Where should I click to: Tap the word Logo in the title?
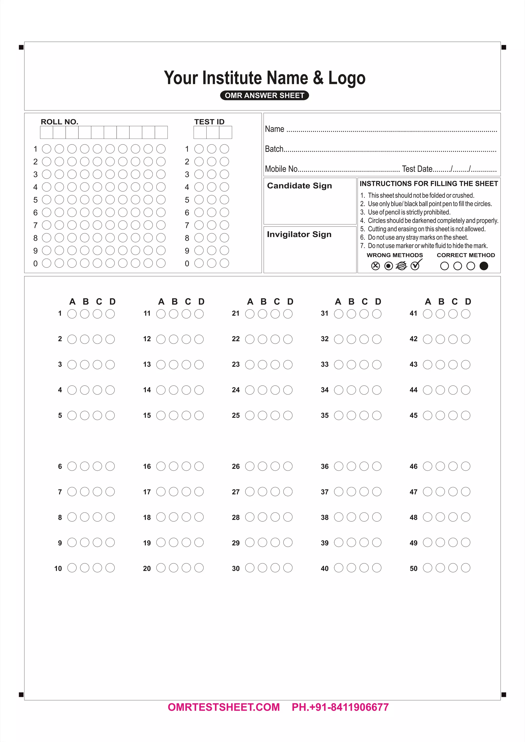[x=347, y=78]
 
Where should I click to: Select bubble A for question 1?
[x=72, y=314]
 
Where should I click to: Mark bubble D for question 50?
[x=466, y=568]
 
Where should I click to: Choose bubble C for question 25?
[x=275, y=415]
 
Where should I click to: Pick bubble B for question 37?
[x=351, y=491]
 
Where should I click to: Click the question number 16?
[x=147, y=466]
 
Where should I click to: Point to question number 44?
[x=413, y=390]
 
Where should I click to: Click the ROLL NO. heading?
[x=59, y=122]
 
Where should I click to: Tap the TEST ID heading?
[x=209, y=122]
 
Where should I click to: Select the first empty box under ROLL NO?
[x=47, y=132]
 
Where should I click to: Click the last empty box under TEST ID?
[x=225, y=132]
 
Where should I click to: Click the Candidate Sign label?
[x=299, y=186]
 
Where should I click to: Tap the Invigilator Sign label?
[x=299, y=234]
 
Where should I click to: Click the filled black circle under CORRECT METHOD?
[x=484, y=266]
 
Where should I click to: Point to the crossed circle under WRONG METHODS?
[x=375, y=266]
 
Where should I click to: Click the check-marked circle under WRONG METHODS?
[x=415, y=266]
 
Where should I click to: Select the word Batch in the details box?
[x=274, y=149]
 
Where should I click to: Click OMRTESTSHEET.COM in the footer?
[x=224, y=707]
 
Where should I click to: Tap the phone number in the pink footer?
[x=340, y=707]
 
